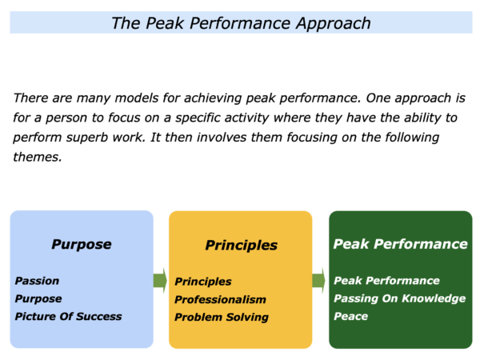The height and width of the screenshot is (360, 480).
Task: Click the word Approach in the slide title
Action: click(x=334, y=23)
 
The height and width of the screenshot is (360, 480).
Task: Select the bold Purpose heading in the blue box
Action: click(x=82, y=245)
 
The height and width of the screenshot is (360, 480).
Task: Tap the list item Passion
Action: click(x=37, y=281)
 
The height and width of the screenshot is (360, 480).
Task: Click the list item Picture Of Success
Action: click(x=68, y=316)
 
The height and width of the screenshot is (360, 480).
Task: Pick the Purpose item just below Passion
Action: click(x=38, y=298)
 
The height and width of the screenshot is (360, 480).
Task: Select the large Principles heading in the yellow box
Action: click(x=242, y=246)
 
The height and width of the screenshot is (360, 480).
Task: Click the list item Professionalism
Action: click(x=220, y=299)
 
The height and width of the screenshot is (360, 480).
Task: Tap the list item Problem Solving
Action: click(x=222, y=317)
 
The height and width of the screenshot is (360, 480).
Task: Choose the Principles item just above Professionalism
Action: click(x=203, y=282)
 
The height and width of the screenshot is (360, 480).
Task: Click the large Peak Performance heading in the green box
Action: click(x=401, y=244)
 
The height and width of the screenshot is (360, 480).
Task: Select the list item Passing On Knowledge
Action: click(x=399, y=298)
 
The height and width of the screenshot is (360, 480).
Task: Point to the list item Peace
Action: click(x=351, y=316)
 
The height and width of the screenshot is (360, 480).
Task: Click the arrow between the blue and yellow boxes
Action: click(x=160, y=281)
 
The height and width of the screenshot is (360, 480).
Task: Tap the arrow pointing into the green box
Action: click(x=318, y=281)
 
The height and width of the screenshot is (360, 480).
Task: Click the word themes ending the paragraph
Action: click(x=38, y=157)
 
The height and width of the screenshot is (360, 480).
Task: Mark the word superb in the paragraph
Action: click(x=87, y=138)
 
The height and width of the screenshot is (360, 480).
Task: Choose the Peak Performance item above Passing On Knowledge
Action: click(x=386, y=281)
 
